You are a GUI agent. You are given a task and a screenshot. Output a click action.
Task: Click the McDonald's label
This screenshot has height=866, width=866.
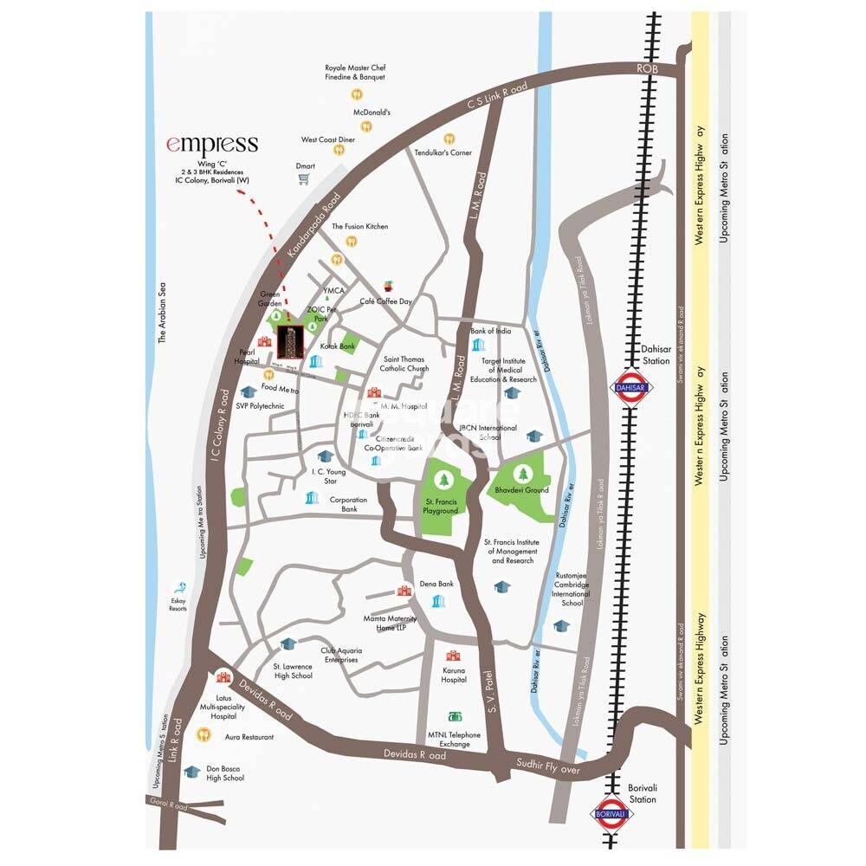point(372,112)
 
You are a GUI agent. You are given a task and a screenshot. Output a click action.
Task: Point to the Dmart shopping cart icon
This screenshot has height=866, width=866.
point(304,179)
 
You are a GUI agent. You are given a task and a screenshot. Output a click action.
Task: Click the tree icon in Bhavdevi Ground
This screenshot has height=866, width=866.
point(524,473)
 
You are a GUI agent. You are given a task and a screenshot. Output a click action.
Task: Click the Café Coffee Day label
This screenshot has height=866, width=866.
point(386,301)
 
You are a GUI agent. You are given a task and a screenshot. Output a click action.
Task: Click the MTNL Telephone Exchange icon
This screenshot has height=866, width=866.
point(453,717)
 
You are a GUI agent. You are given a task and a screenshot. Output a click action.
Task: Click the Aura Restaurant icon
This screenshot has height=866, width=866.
point(204,735)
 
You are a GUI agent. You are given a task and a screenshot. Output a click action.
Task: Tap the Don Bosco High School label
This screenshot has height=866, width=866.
point(224,773)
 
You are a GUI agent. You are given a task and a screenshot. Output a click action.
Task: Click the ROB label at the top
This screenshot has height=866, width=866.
point(649,68)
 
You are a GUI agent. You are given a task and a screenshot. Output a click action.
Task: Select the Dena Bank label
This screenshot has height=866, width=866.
point(436,585)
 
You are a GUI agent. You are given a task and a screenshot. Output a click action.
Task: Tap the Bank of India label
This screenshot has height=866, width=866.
point(491,331)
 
